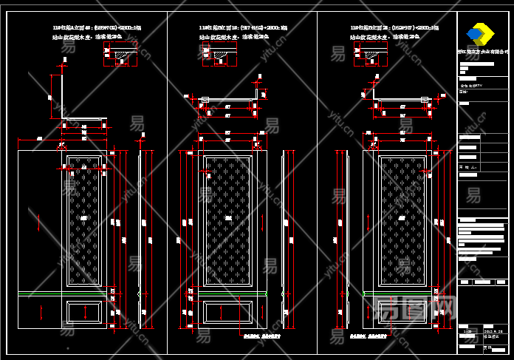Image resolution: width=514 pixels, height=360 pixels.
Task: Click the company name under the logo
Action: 483,52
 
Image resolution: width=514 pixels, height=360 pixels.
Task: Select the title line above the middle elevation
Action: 244,27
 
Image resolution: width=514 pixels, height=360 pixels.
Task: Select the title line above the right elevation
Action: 394,27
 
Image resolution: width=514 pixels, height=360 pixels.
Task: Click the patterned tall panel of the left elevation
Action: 84,221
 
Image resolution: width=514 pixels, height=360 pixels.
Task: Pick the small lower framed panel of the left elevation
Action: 84,312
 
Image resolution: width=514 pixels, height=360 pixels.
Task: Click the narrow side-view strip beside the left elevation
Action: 140,237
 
